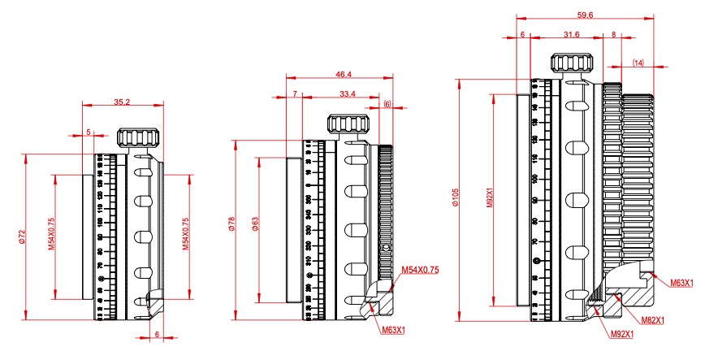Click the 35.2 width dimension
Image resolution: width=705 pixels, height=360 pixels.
click(122, 102)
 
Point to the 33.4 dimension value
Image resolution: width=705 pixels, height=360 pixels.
click(347, 94)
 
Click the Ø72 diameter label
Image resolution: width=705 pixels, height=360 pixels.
click(18, 236)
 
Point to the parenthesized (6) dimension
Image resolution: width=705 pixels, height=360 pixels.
click(387, 105)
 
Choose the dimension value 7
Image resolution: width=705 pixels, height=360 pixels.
click(293, 94)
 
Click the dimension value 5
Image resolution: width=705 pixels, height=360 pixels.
click(88, 130)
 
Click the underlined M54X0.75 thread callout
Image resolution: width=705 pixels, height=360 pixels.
click(420, 269)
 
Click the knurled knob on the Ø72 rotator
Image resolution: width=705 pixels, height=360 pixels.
click(132, 137)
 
